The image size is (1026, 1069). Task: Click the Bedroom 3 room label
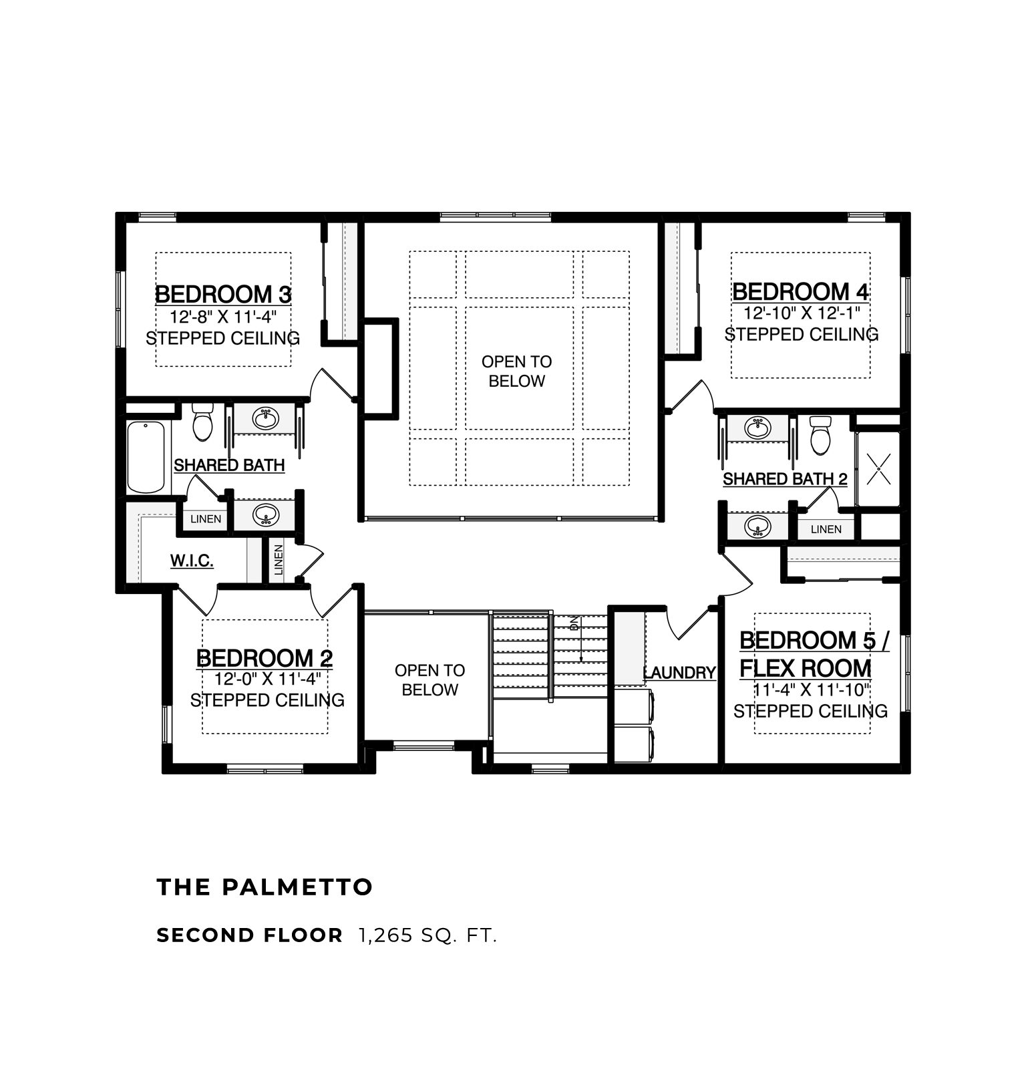pos(223,294)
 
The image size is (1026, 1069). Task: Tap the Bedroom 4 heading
pos(801,291)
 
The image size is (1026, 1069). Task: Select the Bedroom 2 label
pos(265,658)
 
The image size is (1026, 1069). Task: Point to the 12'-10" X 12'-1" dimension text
pos(802,313)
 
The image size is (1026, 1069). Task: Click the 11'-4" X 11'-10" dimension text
pos(812,690)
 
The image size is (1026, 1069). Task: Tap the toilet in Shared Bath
pos(202,422)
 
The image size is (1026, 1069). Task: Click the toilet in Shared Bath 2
pos(820,435)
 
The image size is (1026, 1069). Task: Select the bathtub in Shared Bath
pos(146,457)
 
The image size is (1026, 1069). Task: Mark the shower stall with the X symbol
pos(878,469)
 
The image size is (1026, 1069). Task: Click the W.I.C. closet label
pos(192,561)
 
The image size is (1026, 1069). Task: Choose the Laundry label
pos(679,673)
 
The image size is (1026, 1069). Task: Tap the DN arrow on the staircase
pos(581,639)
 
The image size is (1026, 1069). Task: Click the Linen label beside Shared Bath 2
pos(826,529)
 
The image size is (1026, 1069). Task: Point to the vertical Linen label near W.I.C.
pos(279,560)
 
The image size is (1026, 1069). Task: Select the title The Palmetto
pos(265,887)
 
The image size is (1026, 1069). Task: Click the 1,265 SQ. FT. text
pos(428,935)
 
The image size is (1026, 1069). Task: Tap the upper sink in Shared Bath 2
pos(757,428)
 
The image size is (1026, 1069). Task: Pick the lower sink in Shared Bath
pos(266,516)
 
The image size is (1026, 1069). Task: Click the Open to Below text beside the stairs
pos(430,680)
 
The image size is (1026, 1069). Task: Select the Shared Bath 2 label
pos(785,479)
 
